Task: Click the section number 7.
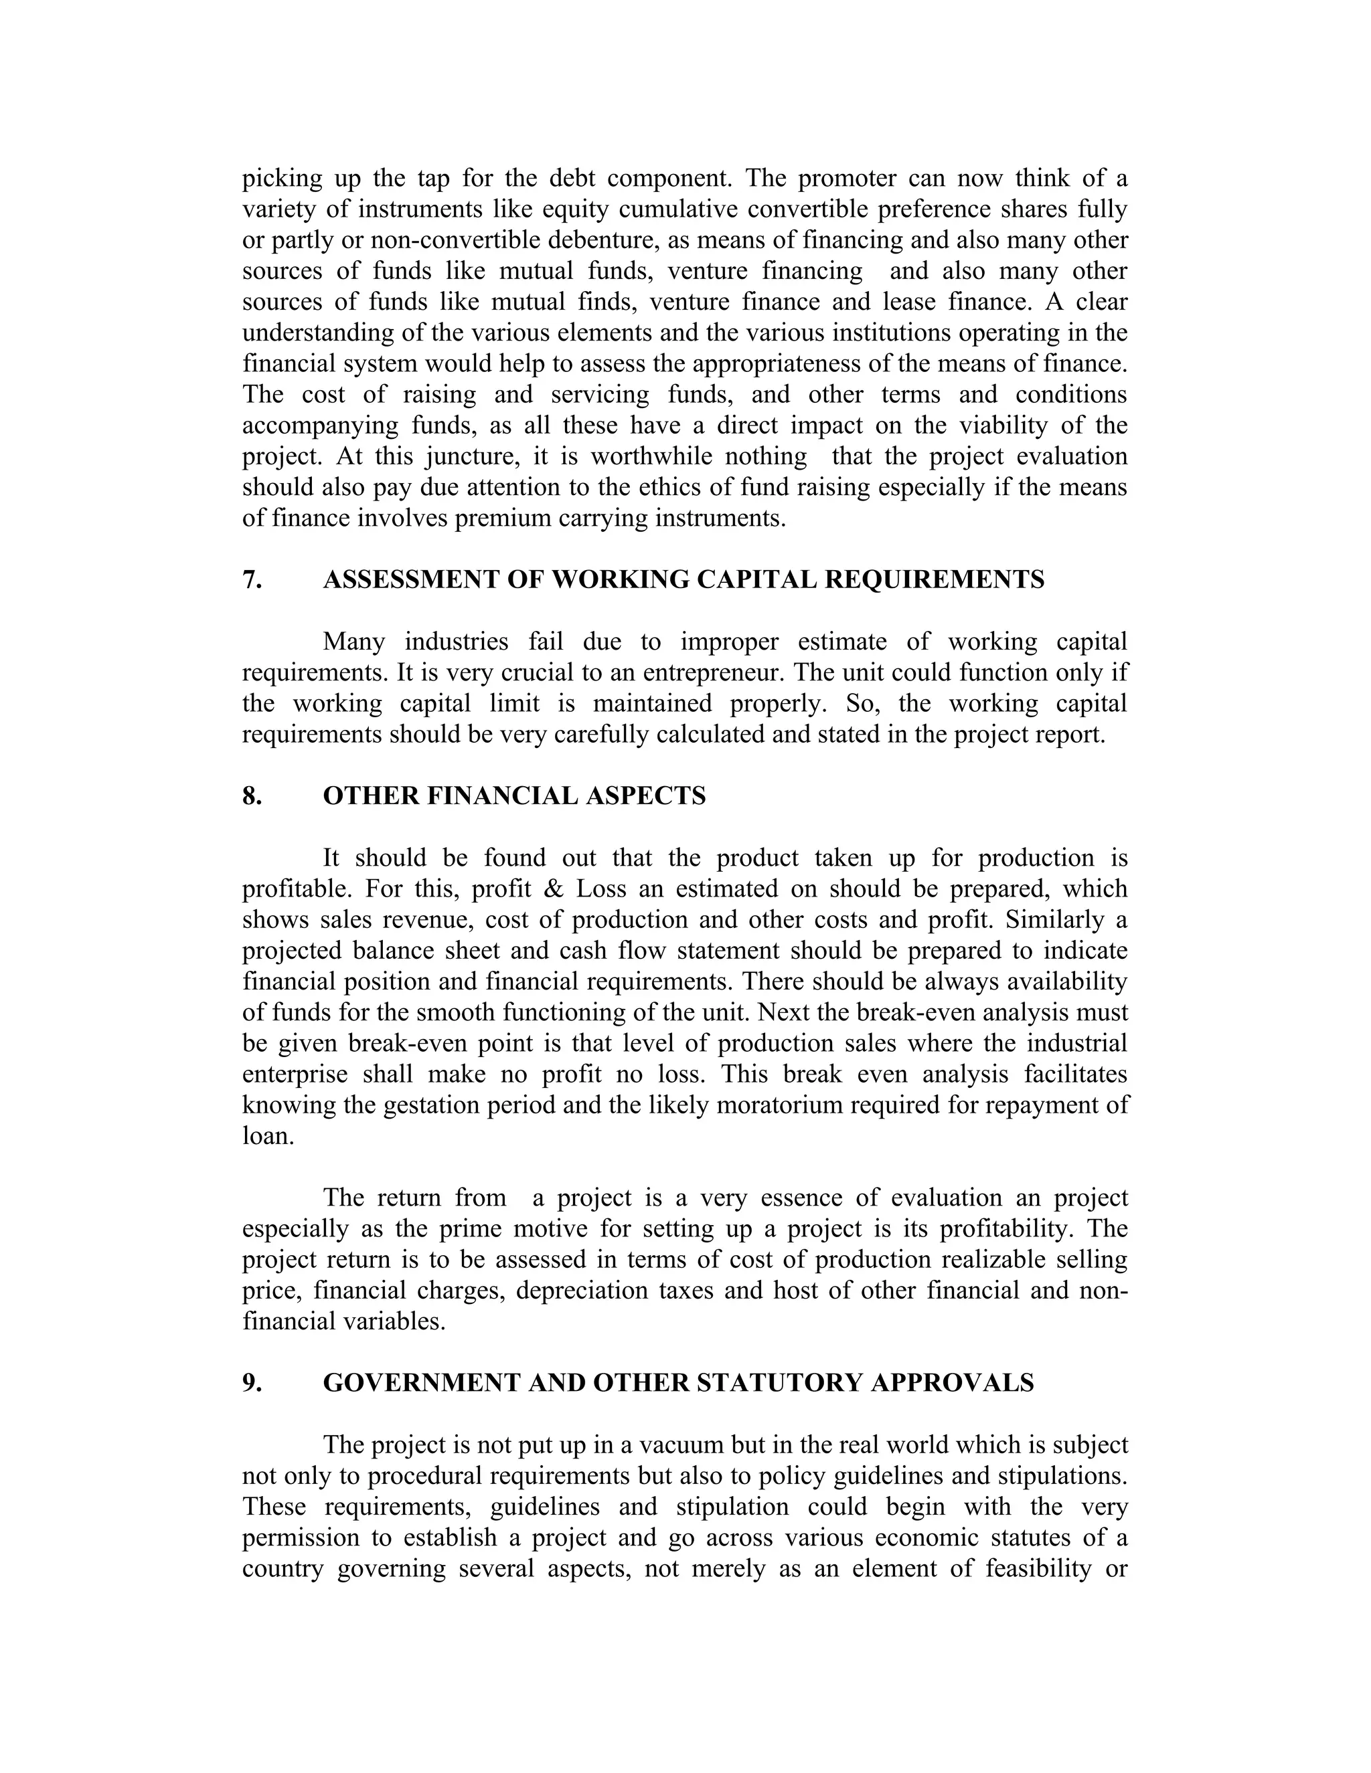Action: coord(251,581)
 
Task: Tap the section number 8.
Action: coord(251,796)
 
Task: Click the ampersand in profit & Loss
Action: coord(554,890)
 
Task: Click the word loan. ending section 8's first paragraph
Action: coord(267,1137)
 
